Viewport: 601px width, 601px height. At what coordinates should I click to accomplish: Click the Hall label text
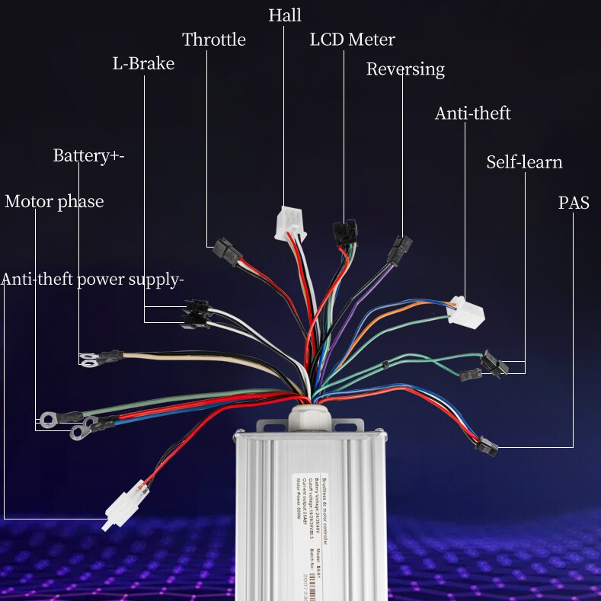point(285,14)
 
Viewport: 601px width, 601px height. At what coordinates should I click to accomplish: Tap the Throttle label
point(214,40)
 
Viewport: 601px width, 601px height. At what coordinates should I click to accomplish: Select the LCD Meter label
point(352,39)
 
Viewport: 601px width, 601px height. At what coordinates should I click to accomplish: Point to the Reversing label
point(405,69)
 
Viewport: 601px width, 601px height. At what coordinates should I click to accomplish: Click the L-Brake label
point(143,63)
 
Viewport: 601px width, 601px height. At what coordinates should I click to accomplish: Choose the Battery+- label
point(88,155)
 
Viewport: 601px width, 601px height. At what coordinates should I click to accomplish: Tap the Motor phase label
point(54,202)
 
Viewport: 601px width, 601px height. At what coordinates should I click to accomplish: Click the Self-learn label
point(524,162)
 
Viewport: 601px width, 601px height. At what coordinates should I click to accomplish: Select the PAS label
point(574,203)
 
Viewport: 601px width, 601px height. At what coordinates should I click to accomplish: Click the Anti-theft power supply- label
point(92,279)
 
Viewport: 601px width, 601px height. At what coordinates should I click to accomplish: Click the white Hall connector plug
point(289,223)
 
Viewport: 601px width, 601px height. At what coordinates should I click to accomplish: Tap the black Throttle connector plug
point(227,248)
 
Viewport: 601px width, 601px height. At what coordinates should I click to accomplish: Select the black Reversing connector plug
point(400,249)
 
